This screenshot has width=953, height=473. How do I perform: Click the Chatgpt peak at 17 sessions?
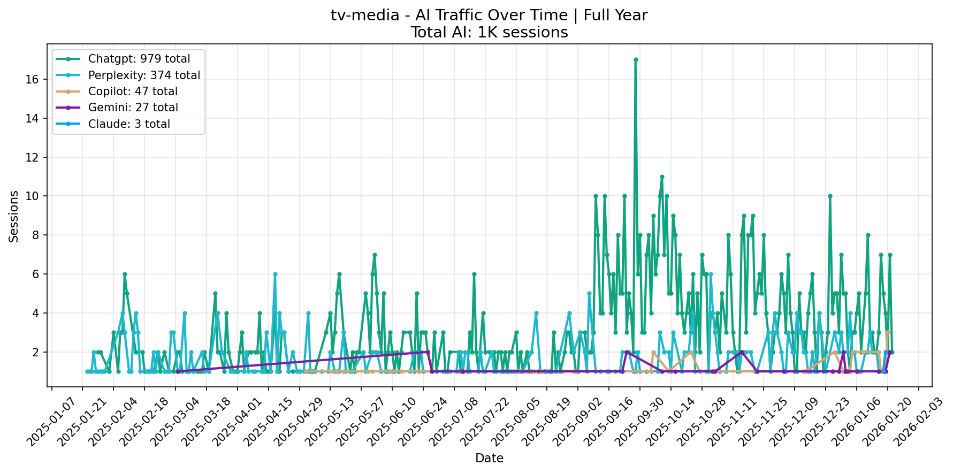pos(635,59)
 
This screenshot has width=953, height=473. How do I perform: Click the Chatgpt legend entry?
pos(139,59)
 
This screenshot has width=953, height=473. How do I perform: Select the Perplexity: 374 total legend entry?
pos(143,75)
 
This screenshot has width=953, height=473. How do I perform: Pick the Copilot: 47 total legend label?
pos(132,91)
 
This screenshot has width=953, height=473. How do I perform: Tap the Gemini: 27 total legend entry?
pos(133,108)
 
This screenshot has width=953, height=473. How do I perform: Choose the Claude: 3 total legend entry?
pos(128,124)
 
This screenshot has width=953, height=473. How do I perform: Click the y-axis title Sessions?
pos(14,216)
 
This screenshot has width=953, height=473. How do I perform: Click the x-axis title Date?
pos(489,459)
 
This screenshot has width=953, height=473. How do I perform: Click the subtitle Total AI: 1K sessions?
pos(489,33)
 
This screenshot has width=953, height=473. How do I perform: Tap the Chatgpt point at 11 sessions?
pos(662,177)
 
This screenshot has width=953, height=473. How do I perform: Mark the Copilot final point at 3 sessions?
pos(888,332)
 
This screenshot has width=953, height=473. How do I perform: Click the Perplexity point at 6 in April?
pos(275,274)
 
